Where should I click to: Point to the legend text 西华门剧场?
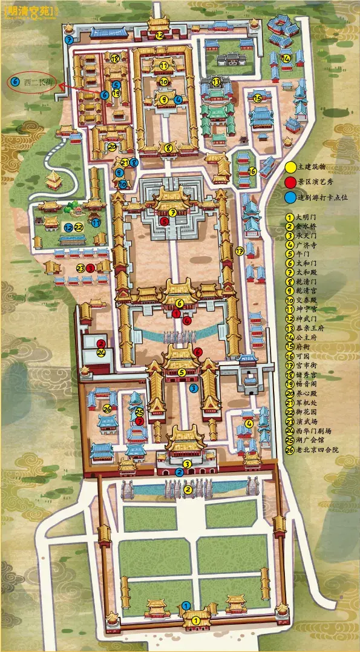(x=312, y=430)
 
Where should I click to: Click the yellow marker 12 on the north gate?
(x=159, y=36)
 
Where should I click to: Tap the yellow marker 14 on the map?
(x=286, y=58)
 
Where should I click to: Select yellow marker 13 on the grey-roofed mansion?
(x=216, y=81)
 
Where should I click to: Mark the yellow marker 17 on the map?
(x=240, y=251)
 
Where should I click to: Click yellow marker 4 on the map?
(x=249, y=423)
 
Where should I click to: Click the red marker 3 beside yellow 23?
(x=90, y=268)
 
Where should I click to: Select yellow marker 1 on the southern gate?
(x=195, y=621)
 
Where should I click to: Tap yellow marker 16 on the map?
(x=252, y=171)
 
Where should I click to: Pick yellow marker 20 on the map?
(x=112, y=146)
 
